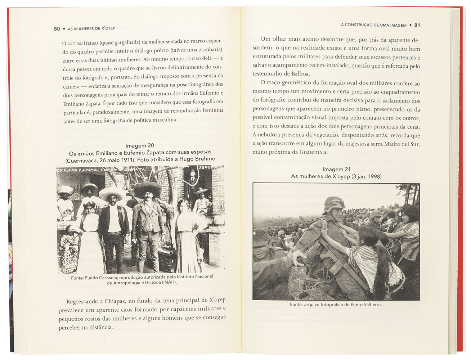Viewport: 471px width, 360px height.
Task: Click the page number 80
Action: pos(57,29)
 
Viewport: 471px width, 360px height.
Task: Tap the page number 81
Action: pos(417,25)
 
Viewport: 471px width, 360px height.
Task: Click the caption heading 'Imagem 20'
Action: pos(140,146)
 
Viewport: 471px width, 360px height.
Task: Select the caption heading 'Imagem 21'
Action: pos(336,170)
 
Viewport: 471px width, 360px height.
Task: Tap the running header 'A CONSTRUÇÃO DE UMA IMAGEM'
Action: pos(373,25)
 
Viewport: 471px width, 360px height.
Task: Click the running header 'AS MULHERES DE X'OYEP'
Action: pos(91,29)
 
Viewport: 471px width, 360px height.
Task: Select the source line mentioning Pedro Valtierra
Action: pos(336,305)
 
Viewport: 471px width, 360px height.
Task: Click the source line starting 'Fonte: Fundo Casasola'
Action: pos(142,279)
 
